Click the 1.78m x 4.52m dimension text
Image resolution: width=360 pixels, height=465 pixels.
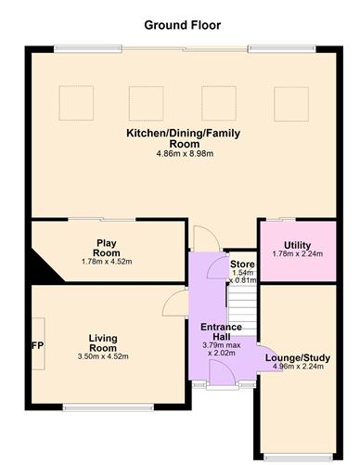(107, 262)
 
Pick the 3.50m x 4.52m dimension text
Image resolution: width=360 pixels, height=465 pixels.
(103, 356)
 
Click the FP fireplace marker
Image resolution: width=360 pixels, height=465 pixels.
(38, 346)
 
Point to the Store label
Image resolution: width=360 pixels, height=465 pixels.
(241, 265)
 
